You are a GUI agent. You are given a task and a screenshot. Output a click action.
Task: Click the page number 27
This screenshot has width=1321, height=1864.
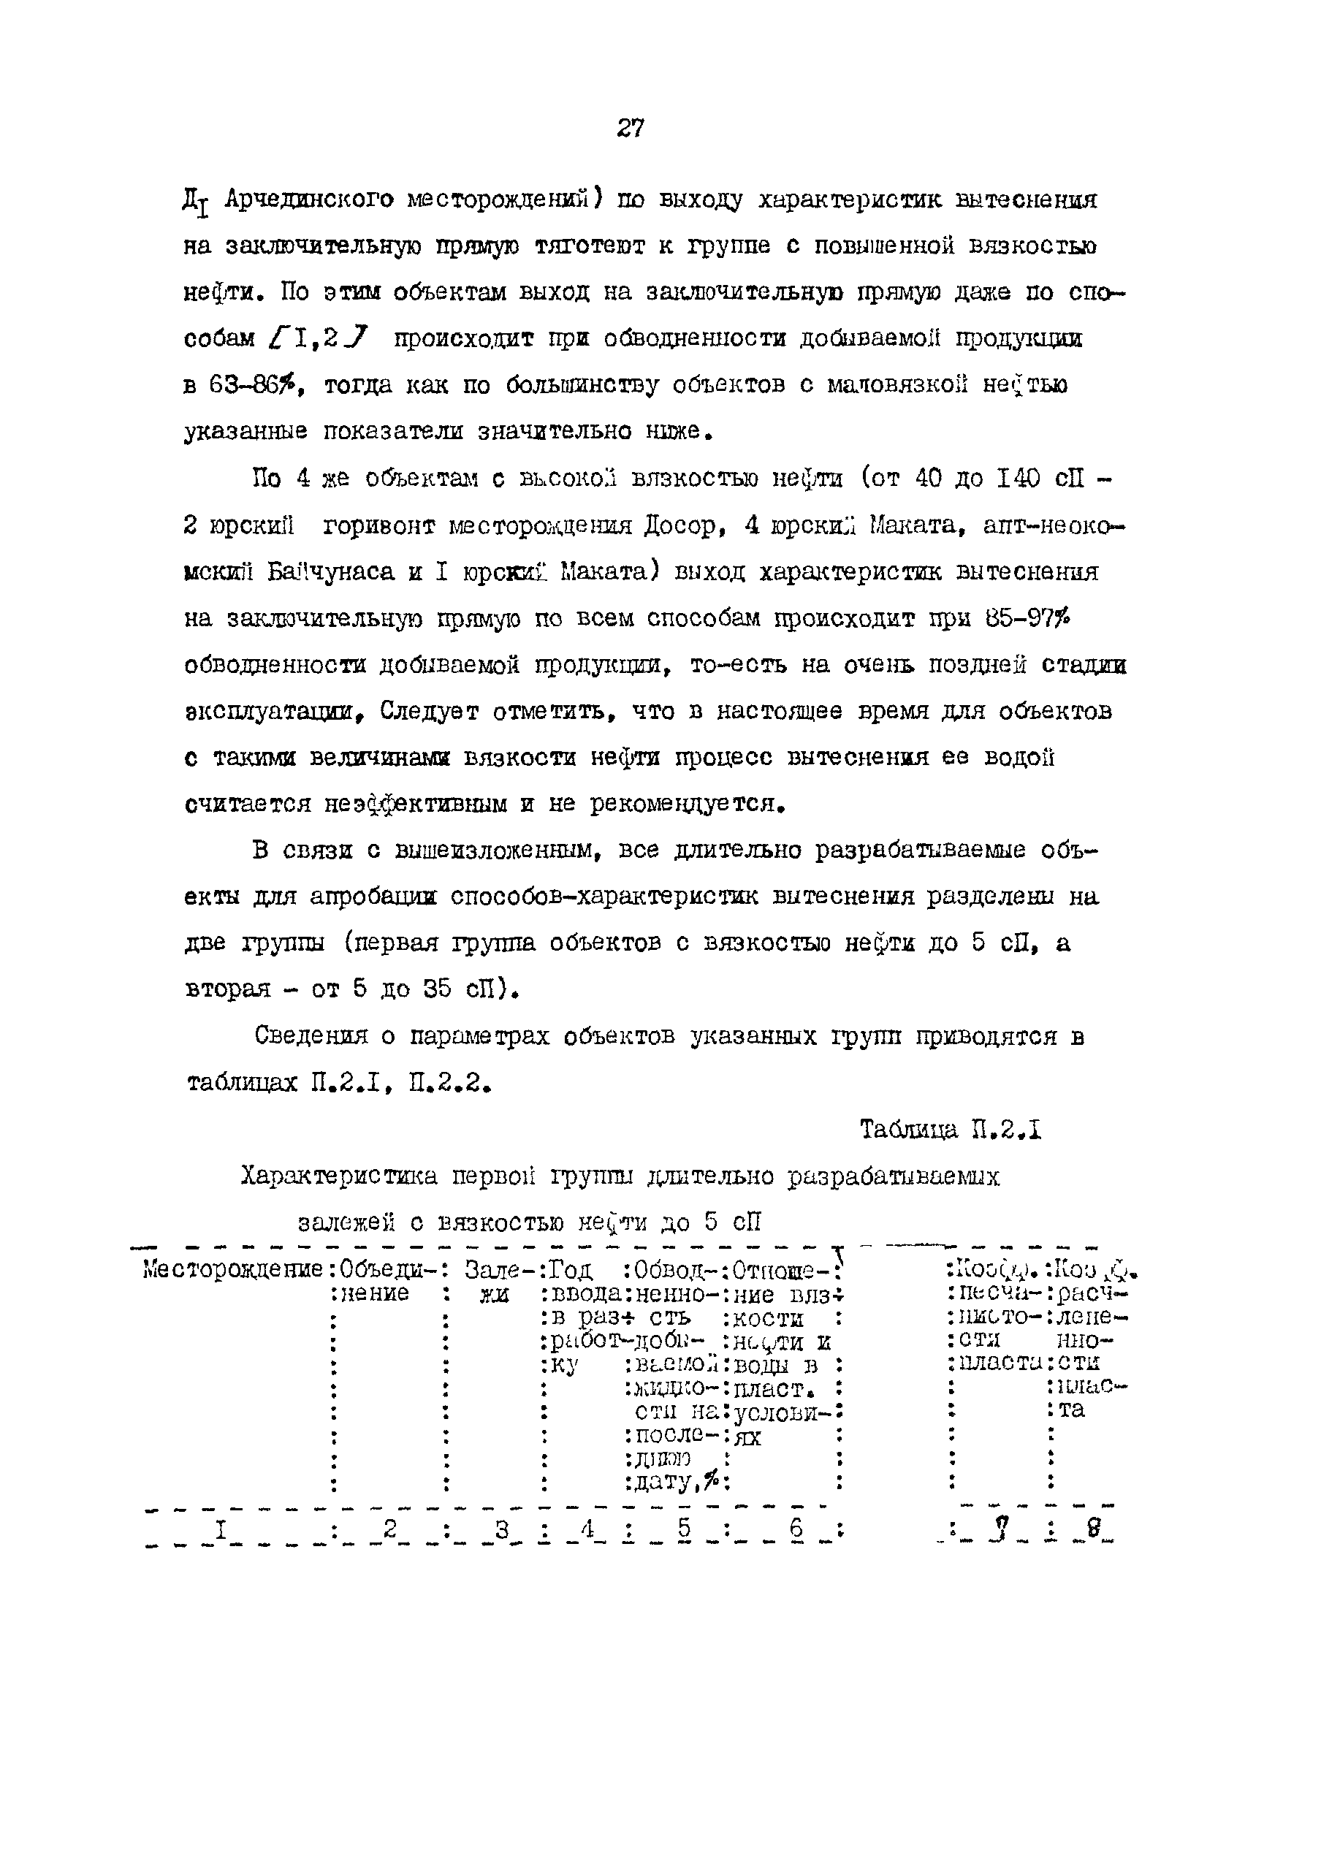pos(631,129)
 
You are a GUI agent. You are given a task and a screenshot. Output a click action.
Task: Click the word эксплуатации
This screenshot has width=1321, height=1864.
pos(271,712)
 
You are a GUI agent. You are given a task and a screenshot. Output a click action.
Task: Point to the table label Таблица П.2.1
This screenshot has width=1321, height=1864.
pos(951,1130)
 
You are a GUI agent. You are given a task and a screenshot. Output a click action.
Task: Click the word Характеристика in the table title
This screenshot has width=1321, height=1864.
pos(338,1177)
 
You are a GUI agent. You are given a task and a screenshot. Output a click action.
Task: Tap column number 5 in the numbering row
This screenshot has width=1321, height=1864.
pos(683,1530)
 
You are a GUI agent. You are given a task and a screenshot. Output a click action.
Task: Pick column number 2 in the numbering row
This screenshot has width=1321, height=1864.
pos(389,1530)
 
